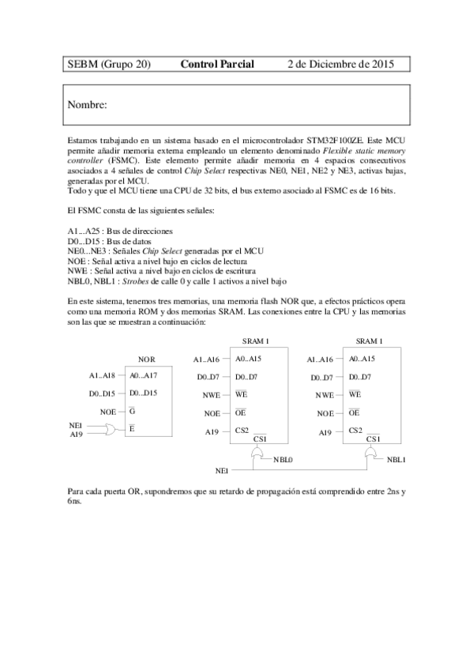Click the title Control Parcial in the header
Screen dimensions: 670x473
coord(217,63)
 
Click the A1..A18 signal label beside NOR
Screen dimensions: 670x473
coord(102,375)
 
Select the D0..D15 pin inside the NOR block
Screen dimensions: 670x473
coord(144,393)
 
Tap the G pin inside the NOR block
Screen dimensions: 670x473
coord(132,412)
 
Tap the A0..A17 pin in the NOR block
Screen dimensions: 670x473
coord(143,375)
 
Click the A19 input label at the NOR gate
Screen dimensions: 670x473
coord(76,434)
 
